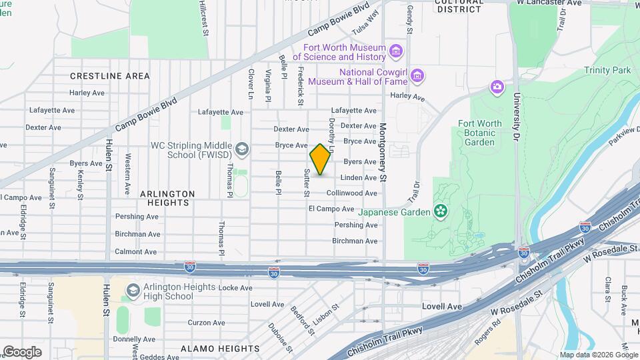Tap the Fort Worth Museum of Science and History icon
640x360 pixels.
pyautogui.click(x=396, y=51)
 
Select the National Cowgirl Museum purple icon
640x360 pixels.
pyautogui.click(x=417, y=76)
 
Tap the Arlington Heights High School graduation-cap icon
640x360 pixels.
pyautogui.click(x=133, y=291)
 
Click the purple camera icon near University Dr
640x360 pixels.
pyautogui.click(x=497, y=87)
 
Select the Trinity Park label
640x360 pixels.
pyautogui.click(x=607, y=70)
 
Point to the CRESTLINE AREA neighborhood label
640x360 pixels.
pyautogui.click(x=110, y=76)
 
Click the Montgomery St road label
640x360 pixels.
pyautogui.click(x=383, y=152)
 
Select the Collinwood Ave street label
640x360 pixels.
pyautogui.click(x=352, y=193)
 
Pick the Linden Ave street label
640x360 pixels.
pyautogui.click(x=359, y=178)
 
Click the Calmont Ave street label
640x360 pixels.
pyautogui.click(x=136, y=252)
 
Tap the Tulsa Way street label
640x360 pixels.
pyautogui.click(x=366, y=22)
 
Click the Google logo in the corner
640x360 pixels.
pyautogui.click(x=22, y=351)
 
